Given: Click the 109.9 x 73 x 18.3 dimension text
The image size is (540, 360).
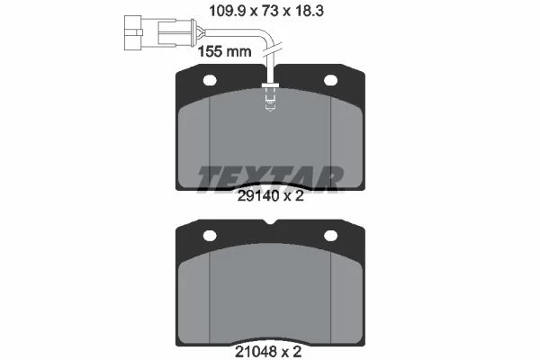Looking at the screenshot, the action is coord(266,11).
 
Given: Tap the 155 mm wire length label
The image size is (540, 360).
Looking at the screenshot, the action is coord(225,51).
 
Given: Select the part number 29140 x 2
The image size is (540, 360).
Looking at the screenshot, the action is coord(271,196).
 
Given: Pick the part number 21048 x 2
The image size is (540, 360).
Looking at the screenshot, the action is coord(268,352).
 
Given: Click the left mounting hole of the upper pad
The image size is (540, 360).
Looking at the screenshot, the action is coord(210,80).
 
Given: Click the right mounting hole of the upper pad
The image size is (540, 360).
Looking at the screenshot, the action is coord(330,80).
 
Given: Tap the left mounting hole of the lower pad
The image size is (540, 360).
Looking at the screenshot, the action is coord(210,236).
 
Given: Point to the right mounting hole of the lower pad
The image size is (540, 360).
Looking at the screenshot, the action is coord(330,236).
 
